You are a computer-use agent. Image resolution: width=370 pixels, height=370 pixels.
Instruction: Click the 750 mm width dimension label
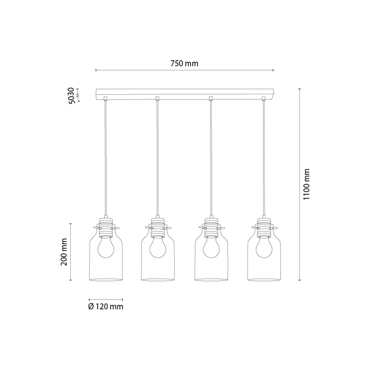click(184, 64)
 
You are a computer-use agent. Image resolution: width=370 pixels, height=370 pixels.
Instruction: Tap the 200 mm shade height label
click(64, 252)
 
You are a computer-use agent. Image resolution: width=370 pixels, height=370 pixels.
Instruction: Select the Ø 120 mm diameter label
click(106, 306)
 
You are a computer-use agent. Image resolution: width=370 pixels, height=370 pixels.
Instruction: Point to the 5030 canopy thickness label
click(71, 96)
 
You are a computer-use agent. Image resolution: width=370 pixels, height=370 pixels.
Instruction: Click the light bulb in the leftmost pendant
click(106, 247)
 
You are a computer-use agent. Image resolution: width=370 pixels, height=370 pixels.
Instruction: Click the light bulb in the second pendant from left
click(158, 247)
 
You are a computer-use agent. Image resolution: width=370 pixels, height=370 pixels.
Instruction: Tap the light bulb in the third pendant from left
click(211, 247)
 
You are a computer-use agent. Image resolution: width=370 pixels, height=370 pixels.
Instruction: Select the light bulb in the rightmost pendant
click(264, 247)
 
